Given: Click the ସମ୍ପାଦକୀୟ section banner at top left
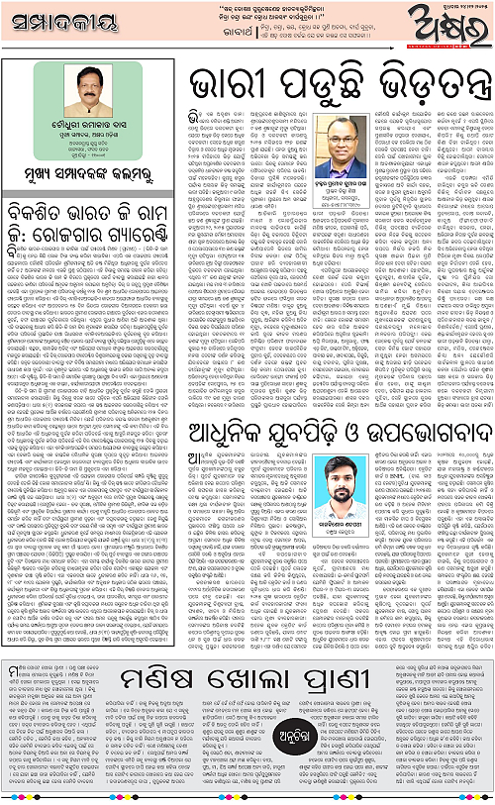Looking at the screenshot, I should pos(60,26).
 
